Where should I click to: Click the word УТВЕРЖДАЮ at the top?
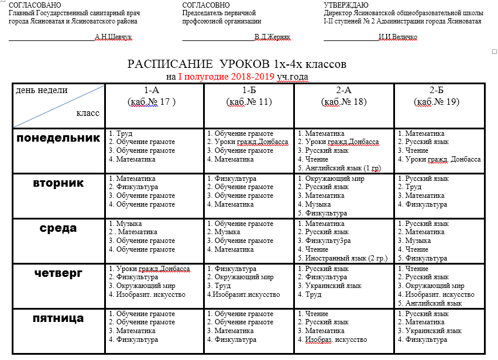pos(346,5)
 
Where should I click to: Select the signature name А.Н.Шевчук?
pos(114,37)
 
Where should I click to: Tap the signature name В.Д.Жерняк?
pos(272,37)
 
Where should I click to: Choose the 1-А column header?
pos(152,90)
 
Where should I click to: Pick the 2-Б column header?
pos(436,90)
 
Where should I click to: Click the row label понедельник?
pos(59,138)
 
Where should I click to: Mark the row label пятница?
pos(59,319)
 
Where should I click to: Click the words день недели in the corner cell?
pos(42,90)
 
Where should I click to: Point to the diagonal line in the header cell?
pos(59,106)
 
